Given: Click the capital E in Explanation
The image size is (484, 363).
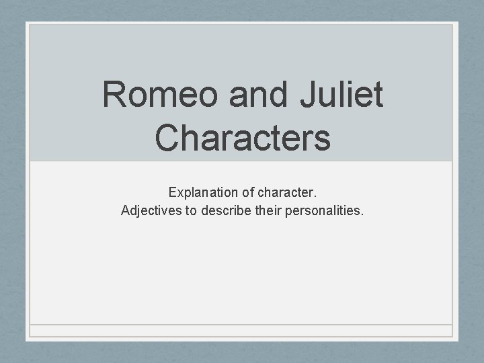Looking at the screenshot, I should pos(172,193).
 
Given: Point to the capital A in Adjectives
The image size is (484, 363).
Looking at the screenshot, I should pos(125,210).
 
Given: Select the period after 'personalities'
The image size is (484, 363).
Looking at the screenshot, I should pos(362,214).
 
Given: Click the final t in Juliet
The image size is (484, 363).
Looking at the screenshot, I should pos(378,95).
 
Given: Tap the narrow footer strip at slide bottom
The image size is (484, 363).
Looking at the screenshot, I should pos(241,331).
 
